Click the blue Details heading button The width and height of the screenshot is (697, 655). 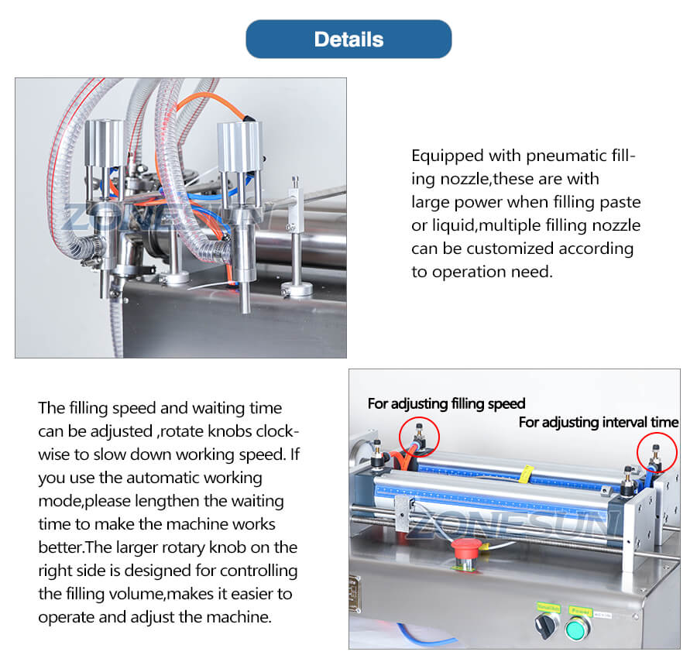pos(348,39)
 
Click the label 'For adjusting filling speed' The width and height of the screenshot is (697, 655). pos(446,403)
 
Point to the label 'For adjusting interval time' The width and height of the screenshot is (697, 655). pos(598,422)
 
